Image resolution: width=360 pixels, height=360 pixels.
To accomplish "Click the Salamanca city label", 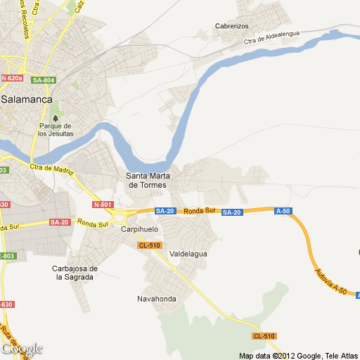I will coord(27,100).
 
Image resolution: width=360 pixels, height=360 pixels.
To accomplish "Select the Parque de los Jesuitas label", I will coord(56,129).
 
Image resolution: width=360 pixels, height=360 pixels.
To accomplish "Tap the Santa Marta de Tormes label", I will coord(146,181).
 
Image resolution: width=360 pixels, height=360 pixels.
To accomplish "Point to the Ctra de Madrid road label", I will coord(51,169).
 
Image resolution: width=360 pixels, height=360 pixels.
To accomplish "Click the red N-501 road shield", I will coord(102,205).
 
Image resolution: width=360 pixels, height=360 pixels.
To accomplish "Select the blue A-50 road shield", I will coord(283,211).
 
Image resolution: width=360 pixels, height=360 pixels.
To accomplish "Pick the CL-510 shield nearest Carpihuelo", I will coord(150,245).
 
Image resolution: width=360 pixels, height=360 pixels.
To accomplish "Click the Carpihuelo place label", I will coord(140,230).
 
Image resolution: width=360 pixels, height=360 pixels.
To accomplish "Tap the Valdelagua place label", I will coord(189,254).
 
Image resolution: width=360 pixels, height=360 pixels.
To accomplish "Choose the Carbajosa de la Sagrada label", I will coord(74,273).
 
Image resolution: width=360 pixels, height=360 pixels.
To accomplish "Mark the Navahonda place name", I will coord(157,299).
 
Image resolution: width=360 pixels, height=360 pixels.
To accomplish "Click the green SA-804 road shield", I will coord(44,80).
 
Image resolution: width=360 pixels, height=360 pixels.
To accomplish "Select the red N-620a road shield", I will coord(11,78).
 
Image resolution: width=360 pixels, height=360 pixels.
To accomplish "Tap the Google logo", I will coord(22,349).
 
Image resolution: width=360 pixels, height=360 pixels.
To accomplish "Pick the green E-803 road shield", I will coord(6,255).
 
